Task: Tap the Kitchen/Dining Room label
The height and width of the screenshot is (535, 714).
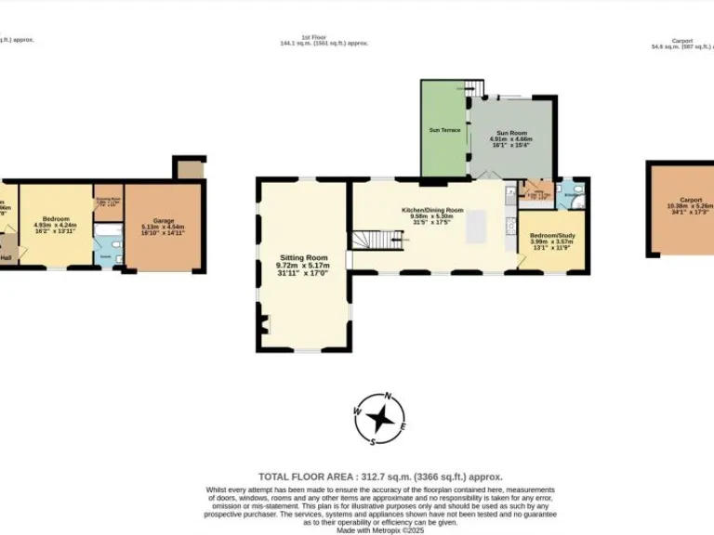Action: click(432, 210)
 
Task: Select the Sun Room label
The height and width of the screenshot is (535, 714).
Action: click(509, 134)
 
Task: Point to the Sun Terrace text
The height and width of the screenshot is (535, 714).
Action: click(441, 130)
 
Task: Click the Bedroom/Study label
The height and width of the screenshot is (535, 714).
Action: click(552, 236)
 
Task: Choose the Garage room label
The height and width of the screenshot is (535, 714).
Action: click(164, 221)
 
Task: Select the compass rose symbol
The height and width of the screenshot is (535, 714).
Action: click(379, 417)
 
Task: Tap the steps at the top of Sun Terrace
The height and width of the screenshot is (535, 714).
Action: click(475, 88)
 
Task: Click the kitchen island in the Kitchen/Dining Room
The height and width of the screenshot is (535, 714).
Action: click(476, 225)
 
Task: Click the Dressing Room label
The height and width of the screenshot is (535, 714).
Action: click(108, 199)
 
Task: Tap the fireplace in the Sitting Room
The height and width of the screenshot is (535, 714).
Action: click(264, 324)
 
